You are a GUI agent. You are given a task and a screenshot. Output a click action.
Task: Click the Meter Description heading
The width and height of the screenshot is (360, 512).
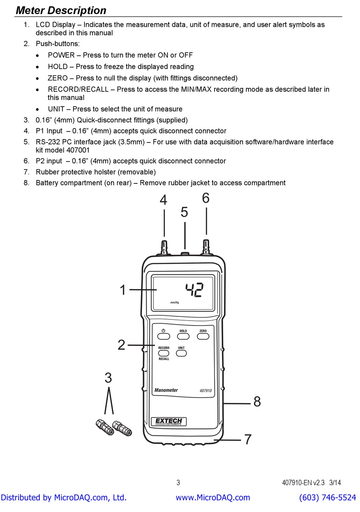(x=61, y=10)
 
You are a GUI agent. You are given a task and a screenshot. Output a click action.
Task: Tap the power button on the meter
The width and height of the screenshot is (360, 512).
(x=163, y=337)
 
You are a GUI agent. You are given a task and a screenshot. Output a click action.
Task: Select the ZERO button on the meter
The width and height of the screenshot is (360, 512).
(x=203, y=337)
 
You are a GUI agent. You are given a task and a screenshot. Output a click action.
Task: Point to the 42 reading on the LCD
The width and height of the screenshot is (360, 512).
(x=194, y=290)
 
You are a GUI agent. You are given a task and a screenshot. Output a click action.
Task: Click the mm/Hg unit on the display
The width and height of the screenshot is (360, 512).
(x=175, y=302)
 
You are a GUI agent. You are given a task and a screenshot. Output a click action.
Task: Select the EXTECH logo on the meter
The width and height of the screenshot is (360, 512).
(x=169, y=421)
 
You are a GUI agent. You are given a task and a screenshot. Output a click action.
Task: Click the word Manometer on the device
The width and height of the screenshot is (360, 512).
(x=166, y=390)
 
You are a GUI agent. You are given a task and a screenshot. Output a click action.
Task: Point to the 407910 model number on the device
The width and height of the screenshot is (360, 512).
(x=206, y=390)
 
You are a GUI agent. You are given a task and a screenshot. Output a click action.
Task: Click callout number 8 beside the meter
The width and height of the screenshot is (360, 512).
(x=257, y=402)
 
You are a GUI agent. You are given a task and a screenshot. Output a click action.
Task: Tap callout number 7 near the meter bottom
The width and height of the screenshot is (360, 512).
(x=248, y=439)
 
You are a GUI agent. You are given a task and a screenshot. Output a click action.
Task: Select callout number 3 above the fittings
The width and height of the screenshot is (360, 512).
(x=108, y=378)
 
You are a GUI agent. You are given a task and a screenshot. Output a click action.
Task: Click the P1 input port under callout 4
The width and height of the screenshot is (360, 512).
(x=164, y=247)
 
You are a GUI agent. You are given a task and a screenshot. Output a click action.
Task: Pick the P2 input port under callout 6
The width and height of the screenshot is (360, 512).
(x=206, y=247)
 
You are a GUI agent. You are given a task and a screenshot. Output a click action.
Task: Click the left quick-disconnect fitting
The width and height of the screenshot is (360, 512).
(x=105, y=427)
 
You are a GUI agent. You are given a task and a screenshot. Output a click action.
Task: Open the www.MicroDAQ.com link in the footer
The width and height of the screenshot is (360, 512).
(x=213, y=498)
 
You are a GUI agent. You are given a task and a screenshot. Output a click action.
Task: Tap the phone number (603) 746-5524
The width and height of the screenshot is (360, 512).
(x=327, y=498)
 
